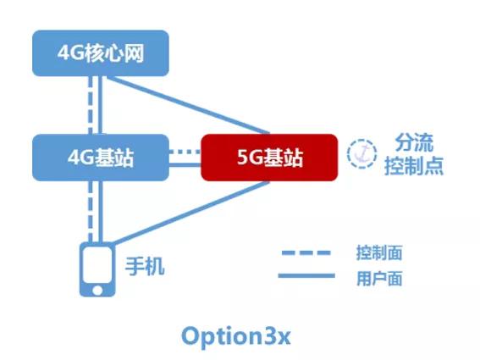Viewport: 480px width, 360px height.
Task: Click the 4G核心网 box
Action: tap(101, 53)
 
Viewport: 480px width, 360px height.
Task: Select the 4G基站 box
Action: tap(101, 158)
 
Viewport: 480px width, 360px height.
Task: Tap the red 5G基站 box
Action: tap(269, 158)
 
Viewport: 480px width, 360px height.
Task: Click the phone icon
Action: tap(97, 269)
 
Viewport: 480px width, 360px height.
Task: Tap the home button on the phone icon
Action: tap(97, 290)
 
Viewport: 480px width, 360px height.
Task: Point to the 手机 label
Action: tap(145, 267)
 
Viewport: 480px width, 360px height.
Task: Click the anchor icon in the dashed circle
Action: tap(361, 154)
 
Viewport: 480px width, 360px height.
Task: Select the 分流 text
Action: tap(414, 142)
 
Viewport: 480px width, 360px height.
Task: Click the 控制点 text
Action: tap(414, 166)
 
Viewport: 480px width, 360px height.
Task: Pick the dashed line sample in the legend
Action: tap(306, 252)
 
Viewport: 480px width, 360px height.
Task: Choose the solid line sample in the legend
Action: tap(306, 276)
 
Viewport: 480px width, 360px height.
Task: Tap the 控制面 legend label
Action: tap(379, 252)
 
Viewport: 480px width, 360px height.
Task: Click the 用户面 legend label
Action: tap(379, 279)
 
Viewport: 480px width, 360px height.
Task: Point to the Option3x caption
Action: tap(235, 337)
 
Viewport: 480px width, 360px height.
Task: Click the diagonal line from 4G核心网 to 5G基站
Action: tap(187, 105)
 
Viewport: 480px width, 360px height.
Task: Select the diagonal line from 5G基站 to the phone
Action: tap(190, 213)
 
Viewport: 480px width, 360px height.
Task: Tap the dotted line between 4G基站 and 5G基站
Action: tap(185, 152)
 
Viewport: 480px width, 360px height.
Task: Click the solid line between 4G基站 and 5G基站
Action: tap(185, 165)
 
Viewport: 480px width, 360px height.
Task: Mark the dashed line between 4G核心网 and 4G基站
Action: tap(91, 105)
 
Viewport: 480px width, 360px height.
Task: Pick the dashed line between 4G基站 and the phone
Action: tap(91, 212)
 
